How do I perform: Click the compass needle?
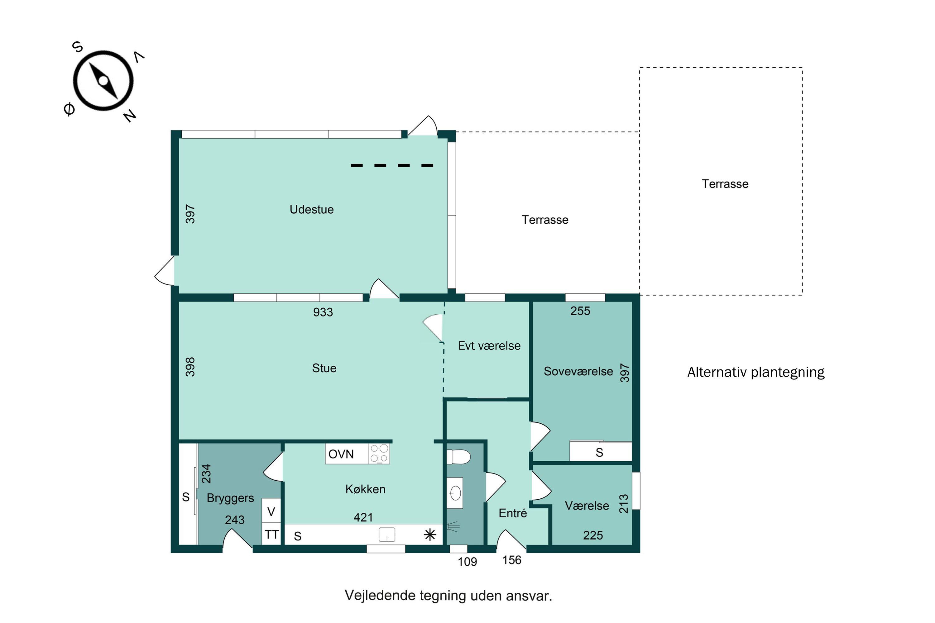tap(103, 81)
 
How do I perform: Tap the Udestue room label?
tap(312, 209)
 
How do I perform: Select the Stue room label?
tap(324, 368)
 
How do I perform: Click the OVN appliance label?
tap(341, 454)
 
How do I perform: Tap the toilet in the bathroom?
tap(458, 457)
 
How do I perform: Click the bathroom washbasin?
tap(455, 493)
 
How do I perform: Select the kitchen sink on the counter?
tap(386, 535)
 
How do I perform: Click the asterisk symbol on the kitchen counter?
tap(430, 535)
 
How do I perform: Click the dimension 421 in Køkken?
tap(363, 517)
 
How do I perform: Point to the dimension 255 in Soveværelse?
tap(580, 311)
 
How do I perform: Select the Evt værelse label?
tap(489, 346)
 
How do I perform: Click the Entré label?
tap(513, 513)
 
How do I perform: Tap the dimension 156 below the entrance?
tap(512, 560)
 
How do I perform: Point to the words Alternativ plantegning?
tap(756, 372)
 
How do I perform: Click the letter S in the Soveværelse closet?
tap(599, 453)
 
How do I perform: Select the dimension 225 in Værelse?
tap(593, 535)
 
